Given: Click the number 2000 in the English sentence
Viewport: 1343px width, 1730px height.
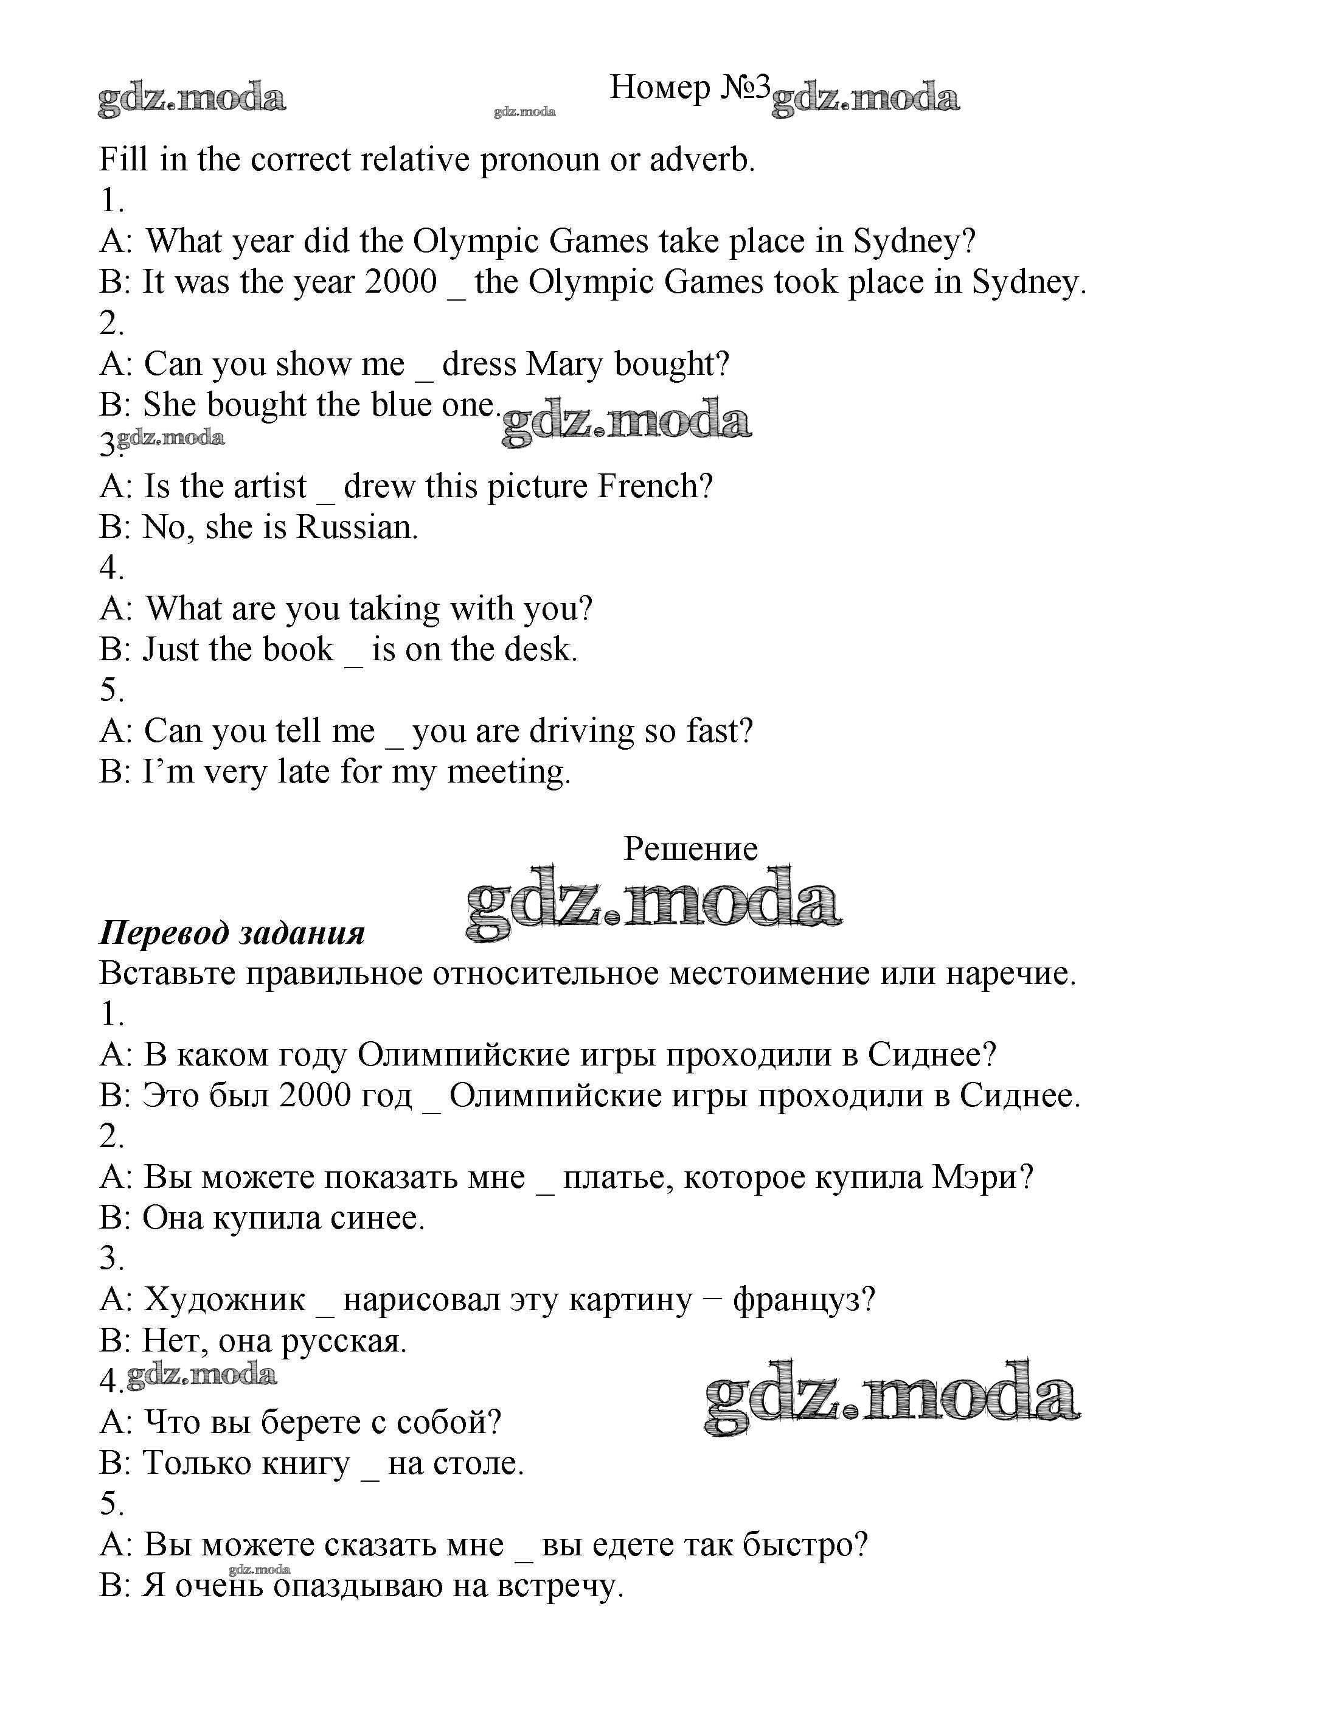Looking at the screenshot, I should [x=401, y=282].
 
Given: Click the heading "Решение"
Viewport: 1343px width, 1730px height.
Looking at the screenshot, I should [x=690, y=849].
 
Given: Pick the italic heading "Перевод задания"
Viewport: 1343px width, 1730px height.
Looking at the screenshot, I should [x=231, y=933].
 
